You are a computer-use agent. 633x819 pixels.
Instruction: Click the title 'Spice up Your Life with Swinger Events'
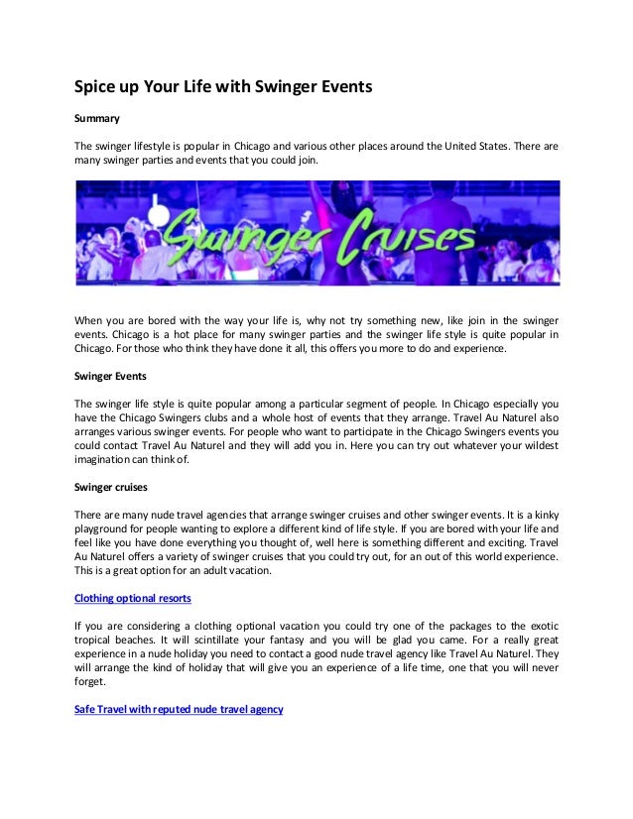coord(223,87)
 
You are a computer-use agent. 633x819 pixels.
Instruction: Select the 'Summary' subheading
coord(97,119)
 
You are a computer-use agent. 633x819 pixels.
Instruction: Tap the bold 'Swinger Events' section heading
coord(111,376)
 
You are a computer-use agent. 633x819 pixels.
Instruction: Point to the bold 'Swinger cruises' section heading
coord(113,486)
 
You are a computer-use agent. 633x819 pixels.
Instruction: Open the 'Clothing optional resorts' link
coord(133,598)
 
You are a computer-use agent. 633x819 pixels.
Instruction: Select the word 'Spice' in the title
coord(97,87)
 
